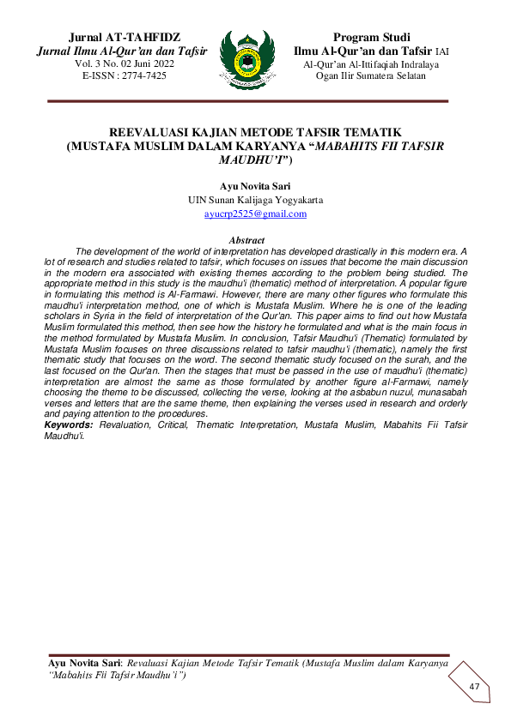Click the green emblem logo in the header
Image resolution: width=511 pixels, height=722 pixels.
tap(248, 59)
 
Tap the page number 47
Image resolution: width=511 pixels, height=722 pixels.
tap(474, 688)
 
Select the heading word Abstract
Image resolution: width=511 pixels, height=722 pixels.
tap(247, 240)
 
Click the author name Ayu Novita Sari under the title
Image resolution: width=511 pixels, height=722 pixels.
tap(255, 185)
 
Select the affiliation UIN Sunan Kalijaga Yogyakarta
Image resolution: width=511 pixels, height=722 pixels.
tap(255, 200)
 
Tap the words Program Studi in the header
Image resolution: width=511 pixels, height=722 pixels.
tap(371, 38)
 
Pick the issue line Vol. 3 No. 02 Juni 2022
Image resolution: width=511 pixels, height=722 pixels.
tap(124, 64)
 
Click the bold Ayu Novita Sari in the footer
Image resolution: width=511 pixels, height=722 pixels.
tap(84, 663)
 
